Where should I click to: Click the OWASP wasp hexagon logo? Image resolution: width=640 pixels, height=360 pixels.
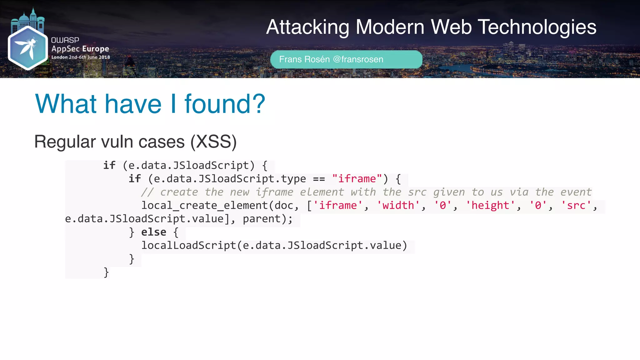pyautogui.click(x=27, y=48)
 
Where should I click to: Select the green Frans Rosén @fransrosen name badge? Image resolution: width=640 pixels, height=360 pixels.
pyautogui.click(x=346, y=59)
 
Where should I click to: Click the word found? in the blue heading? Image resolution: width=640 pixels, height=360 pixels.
pyautogui.click(x=225, y=104)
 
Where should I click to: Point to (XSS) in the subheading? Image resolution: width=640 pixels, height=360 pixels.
pyautogui.click(x=213, y=142)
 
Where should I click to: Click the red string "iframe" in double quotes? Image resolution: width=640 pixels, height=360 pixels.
pyautogui.click(x=357, y=179)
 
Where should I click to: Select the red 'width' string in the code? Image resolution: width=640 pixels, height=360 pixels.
pyautogui.click(x=398, y=206)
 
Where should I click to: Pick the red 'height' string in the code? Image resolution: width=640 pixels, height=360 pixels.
pyautogui.click(x=490, y=206)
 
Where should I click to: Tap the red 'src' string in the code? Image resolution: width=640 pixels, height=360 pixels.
pyautogui.click(x=576, y=206)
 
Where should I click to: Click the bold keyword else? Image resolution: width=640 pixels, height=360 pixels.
pyautogui.click(x=153, y=232)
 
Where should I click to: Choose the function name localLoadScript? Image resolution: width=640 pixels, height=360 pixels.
pyautogui.click(x=188, y=246)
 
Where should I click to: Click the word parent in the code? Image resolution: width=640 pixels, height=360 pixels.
pyautogui.click(x=262, y=219)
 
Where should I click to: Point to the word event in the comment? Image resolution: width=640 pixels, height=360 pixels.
pyautogui.click(x=576, y=192)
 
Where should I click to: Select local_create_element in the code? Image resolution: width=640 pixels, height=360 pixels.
pyautogui.click(x=205, y=206)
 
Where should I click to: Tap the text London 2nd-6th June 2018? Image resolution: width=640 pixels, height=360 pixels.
pyautogui.click(x=81, y=57)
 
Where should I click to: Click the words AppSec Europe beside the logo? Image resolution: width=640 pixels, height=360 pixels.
pyautogui.click(x=80, y=49)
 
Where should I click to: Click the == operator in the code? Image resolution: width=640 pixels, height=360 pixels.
pyautogui.click(x=319, y=179)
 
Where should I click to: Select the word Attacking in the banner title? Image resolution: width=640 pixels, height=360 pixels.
pyautogui.click(x=307, y=27)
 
